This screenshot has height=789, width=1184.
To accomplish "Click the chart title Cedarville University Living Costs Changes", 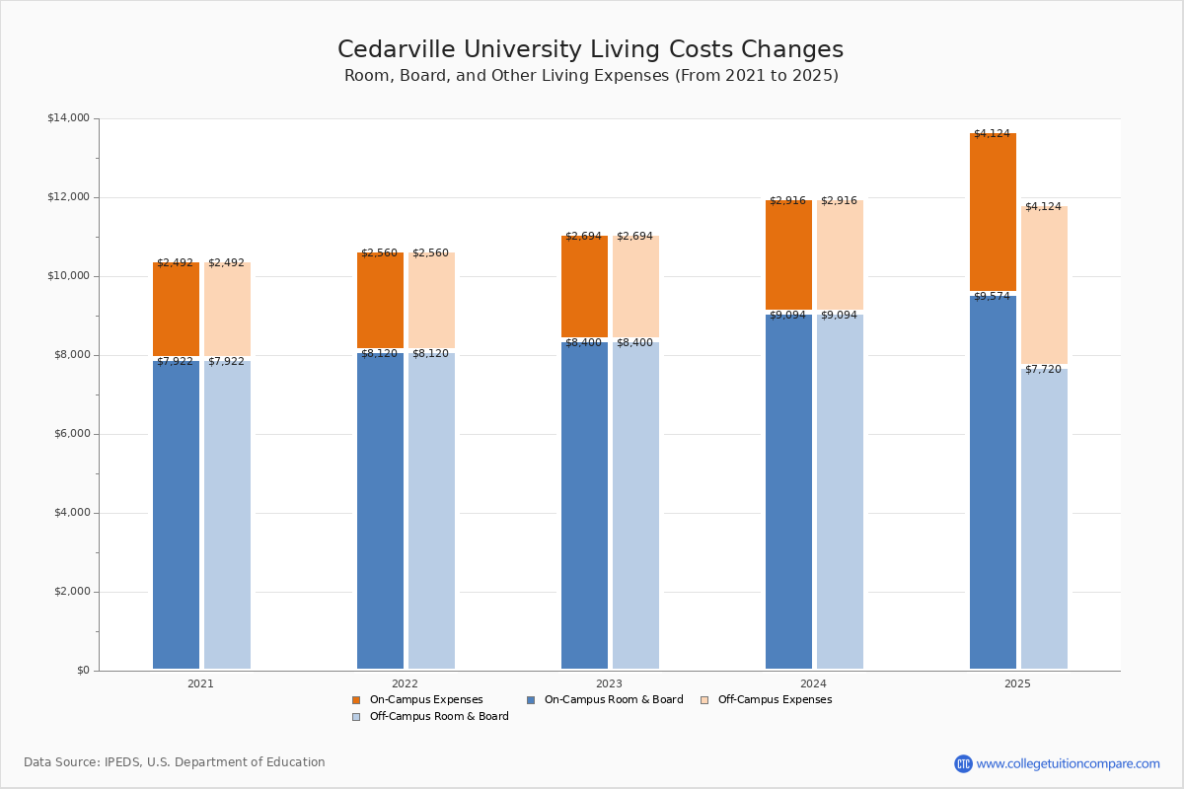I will click(590, 50).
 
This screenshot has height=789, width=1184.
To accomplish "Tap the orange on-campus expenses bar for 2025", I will click(993, 212).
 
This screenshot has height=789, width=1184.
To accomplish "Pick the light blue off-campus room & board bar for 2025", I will click(1044, 518).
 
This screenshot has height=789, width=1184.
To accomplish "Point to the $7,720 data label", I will click(1043, 370).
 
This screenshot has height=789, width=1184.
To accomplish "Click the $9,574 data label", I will click(992, 297).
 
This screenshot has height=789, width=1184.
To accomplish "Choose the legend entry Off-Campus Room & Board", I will click(438, 717).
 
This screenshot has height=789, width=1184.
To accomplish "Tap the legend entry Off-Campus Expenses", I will click(774, 700).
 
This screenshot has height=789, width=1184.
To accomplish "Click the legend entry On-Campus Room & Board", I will click(613, 700).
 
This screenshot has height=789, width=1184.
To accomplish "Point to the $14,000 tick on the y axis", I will click(68, 118).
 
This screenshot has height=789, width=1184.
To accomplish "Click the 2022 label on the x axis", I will click(405, 683).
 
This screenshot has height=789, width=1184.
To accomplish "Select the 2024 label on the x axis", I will click(813, 683).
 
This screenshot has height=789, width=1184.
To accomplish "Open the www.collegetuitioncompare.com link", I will click(1068, 763).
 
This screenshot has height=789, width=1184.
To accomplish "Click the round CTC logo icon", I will click(963, 763).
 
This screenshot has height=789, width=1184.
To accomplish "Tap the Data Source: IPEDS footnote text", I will click(175, 762).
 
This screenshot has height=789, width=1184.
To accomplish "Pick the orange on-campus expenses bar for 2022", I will click(380, 301).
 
